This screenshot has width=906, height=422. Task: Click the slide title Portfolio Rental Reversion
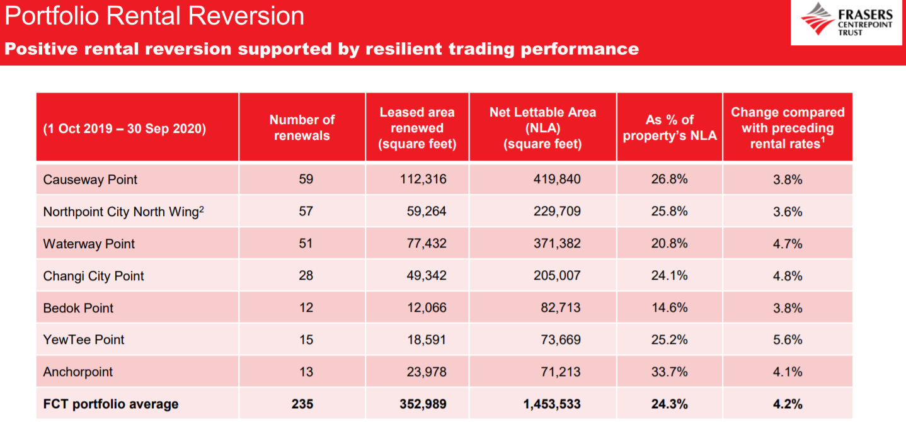[x=154, y=16]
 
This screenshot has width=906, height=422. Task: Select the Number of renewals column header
[x=302, y=127]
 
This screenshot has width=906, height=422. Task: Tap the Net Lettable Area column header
[x=542, y=128]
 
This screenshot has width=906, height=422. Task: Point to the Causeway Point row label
[x=90, y=180]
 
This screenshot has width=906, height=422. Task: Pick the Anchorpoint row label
[x=77, y=372]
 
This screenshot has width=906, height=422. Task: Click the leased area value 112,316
[x=423, y=179]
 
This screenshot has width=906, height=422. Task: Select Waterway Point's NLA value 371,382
[x=557, y=243]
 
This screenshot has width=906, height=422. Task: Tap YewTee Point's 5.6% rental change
[x=788, y=339]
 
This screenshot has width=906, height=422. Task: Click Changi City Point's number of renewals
[x=306, y=275]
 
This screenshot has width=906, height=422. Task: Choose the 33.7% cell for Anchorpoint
[x=669, y=372]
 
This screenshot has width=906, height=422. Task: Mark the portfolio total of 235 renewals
[x=302, y=404]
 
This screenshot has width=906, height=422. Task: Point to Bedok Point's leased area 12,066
[x=427, y=307]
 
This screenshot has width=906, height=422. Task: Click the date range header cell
[x=125, y=128]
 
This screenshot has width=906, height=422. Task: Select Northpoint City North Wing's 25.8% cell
[x=669, y=211]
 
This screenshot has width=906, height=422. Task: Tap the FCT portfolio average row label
[x=110, y=404]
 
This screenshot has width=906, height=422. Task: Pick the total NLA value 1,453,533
[x=552, y=404]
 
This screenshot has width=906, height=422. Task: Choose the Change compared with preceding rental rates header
[x=788, y=128]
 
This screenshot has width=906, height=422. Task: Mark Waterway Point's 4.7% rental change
[x=788, y=244]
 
